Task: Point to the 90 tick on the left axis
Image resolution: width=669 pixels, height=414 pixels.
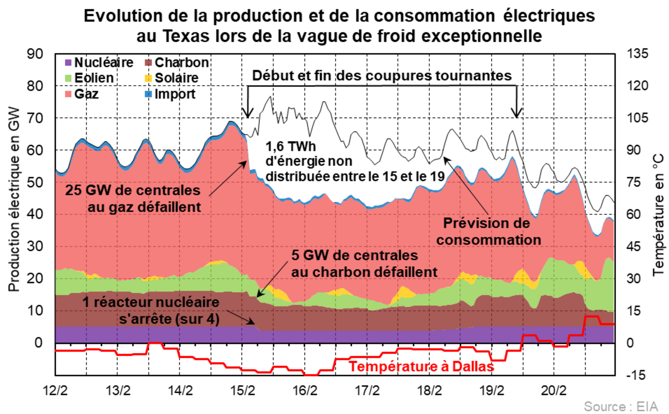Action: click(35, 54)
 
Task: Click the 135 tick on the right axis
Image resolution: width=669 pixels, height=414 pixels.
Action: click(637, 54)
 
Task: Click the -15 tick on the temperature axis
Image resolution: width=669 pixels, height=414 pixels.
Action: click(636, 375)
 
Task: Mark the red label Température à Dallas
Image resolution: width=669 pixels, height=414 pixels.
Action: click(421, 367)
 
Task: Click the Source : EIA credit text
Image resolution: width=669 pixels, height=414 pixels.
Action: click(621, 407)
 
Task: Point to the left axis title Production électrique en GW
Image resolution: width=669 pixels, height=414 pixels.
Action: click(14, 199)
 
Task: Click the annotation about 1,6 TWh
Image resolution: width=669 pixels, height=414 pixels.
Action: click(355, 161)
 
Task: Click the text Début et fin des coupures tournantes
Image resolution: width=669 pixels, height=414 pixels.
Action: click(382, 76)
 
